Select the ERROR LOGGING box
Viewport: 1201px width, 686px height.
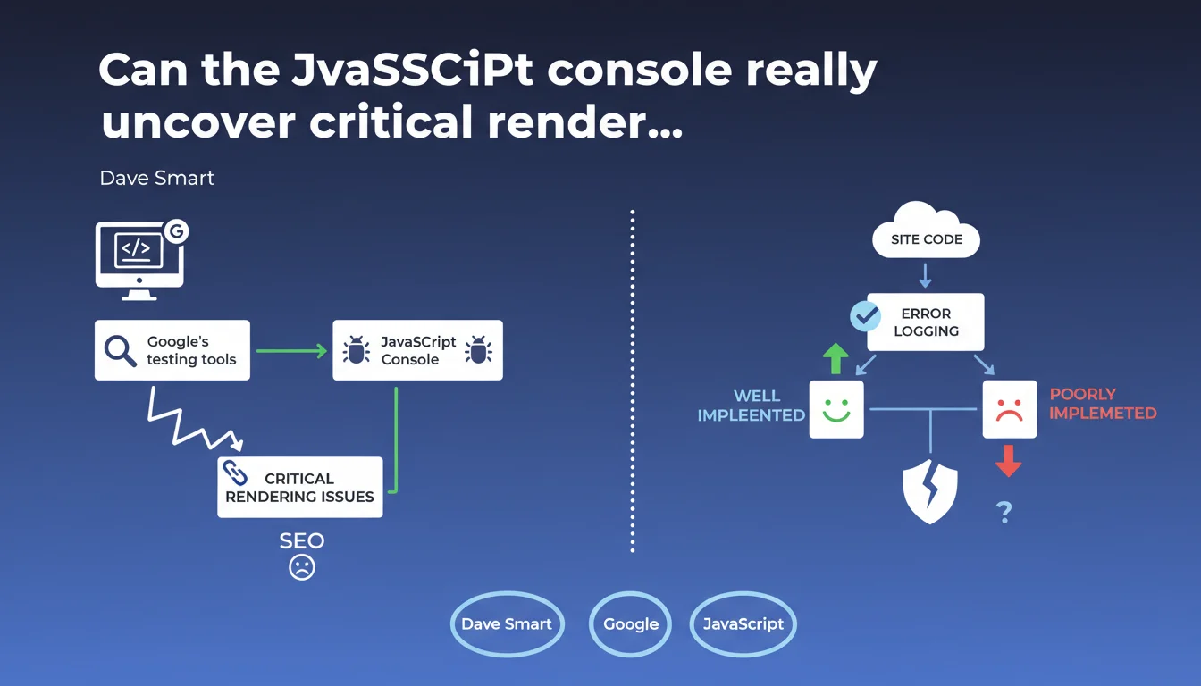pos(925,322)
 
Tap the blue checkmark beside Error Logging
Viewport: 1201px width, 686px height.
pos(865,315)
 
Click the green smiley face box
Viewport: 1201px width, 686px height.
pos(836,409)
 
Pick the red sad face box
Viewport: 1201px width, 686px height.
pos(1009,409)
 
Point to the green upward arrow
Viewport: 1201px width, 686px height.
pos(836,358)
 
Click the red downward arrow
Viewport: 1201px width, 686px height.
pos(1008,460)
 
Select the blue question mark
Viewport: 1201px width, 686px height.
pos(1004,512)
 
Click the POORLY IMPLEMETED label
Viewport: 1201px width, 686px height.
pos(1103,404)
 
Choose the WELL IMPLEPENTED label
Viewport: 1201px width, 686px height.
pos(752,406)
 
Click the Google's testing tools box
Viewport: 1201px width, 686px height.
pos(172,350)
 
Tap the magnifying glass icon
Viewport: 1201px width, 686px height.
pos(120,350)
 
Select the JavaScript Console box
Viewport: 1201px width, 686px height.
pos(417,350)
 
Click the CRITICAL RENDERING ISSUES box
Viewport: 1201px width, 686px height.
pos(300,487)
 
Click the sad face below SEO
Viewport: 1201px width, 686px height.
pos(302,567)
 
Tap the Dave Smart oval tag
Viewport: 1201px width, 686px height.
pos(507,623)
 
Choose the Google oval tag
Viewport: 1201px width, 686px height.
pos(631,623)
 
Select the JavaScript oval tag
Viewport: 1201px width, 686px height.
pos(743,623)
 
